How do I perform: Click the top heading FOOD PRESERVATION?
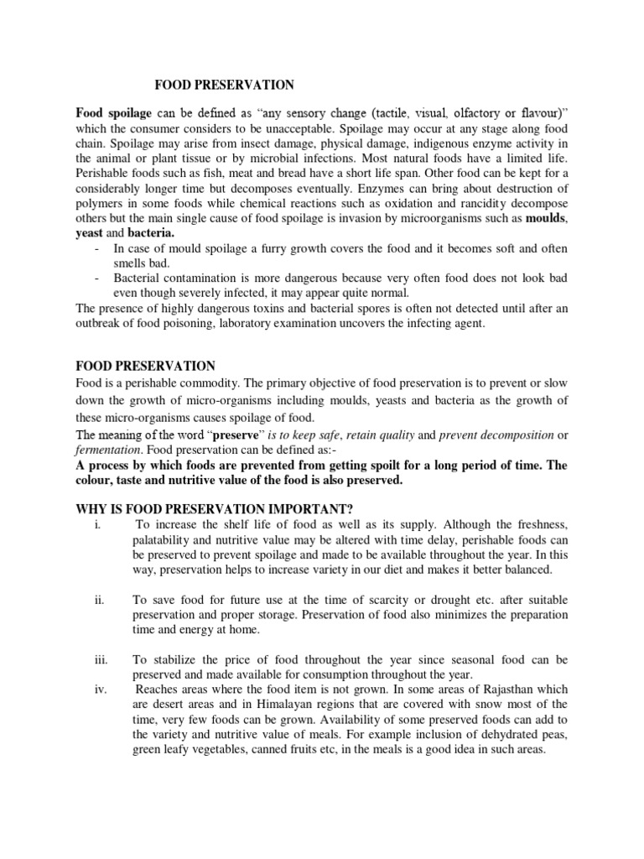tap(224, 85)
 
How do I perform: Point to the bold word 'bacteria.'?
tap(150, 234)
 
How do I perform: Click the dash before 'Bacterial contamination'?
tap(99, 278)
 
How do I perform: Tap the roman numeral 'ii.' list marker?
tap(103, 598)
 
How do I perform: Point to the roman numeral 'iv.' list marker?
tap(103, 690)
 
